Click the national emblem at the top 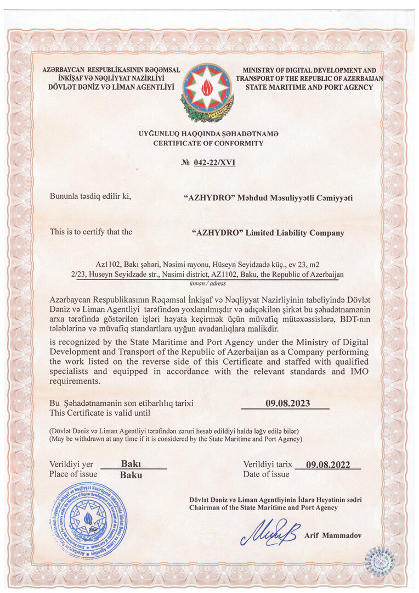point(208,92)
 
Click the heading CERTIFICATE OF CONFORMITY point(208,143)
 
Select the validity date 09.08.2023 point(287,404)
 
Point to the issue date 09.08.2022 point(327,465)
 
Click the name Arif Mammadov point(333,535)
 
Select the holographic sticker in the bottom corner point(379,561)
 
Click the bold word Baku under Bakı point(131,475)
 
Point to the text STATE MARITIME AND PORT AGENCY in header point(309,87)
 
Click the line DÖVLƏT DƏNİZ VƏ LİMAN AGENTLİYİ point(108,87)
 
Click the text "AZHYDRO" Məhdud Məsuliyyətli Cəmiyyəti point(268,197)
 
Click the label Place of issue point(73,474)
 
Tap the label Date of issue point(266,474)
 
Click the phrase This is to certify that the point(91,232)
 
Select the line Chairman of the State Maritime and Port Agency point(263,508)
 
